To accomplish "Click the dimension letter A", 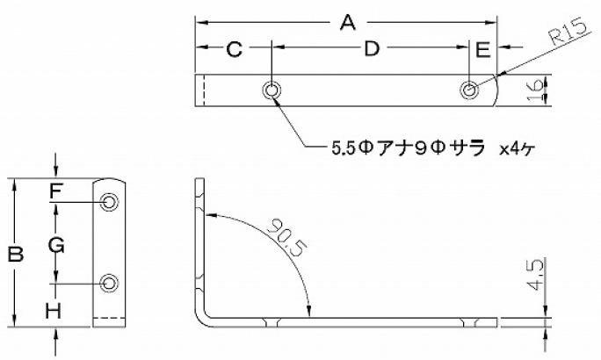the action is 348,22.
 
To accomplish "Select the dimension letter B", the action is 16,255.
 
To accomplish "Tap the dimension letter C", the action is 235,49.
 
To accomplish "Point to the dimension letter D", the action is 372,49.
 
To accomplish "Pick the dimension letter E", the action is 482,50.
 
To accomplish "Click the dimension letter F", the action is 56,191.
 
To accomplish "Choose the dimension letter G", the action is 56,245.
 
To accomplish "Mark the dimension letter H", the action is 54,311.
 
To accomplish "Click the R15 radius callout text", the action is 568,32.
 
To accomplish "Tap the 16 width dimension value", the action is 535,90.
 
